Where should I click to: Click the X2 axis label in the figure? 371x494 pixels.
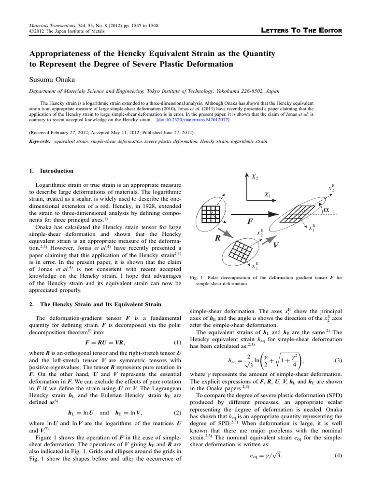point(254,177)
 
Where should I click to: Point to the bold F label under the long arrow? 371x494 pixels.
point(250,221)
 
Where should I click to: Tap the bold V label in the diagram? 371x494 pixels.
point(275,245)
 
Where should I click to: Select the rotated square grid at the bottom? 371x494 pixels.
point(239,250)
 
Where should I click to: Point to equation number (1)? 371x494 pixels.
point(176,343)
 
